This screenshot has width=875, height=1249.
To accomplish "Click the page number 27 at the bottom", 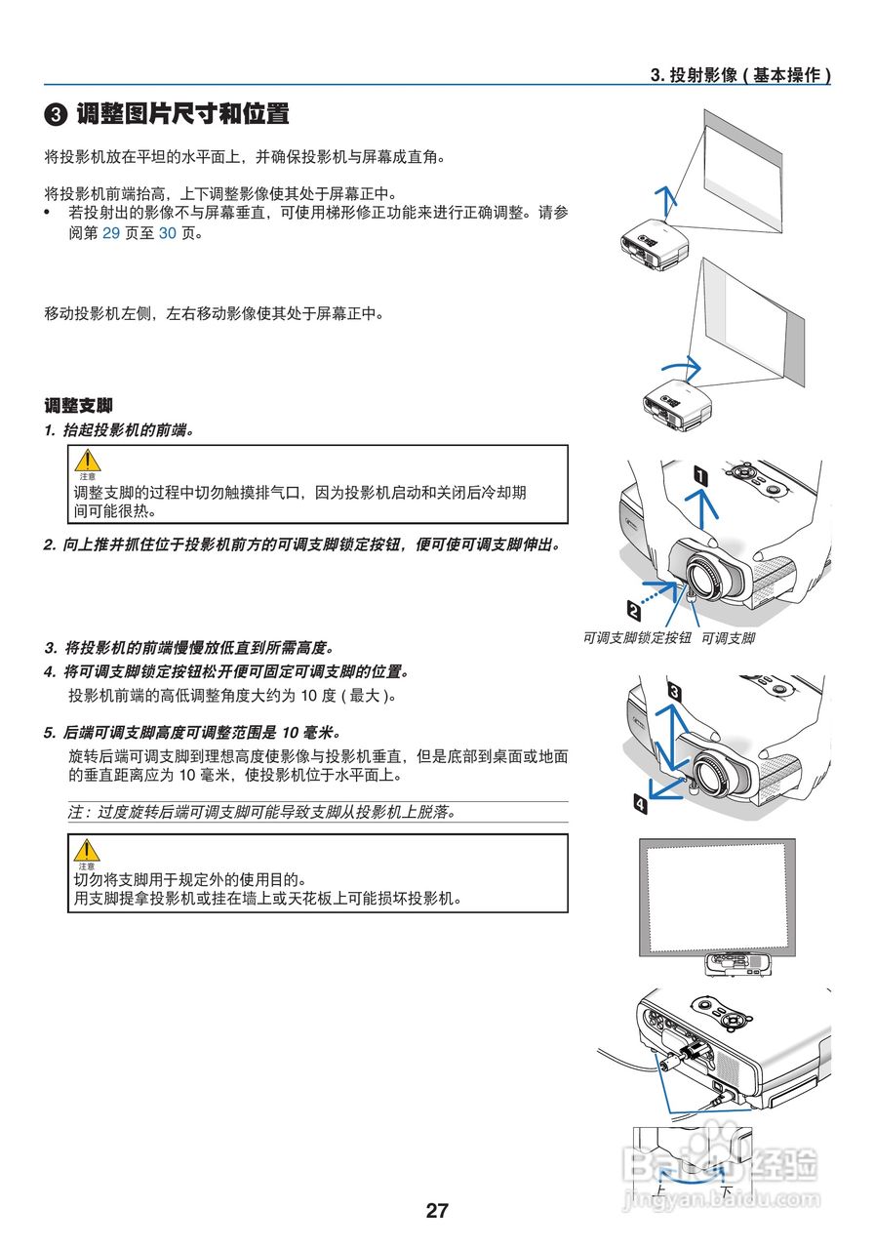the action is [x=437, y=1211].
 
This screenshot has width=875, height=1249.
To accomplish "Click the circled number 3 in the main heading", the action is [x=57, y=114].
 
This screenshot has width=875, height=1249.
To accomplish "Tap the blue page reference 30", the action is [x=168, y=234].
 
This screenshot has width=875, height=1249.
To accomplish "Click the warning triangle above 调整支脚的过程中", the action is [x=88, y=460].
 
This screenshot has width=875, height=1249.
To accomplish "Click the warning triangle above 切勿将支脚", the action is [x=88, y=849].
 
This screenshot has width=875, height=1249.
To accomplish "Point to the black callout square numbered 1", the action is [x=699, y=475].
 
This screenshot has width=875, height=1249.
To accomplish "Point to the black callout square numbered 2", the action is [x=634, y=611].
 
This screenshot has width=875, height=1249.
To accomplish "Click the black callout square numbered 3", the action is [x=674, y=691].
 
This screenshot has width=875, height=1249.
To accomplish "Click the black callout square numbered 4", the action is [x=639, y=804].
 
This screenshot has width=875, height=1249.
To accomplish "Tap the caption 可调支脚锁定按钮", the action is [x=637, y=638].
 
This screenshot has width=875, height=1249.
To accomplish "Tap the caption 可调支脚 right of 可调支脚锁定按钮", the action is [x=729, y=638].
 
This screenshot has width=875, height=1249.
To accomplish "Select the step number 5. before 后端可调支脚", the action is [x=50, y=732].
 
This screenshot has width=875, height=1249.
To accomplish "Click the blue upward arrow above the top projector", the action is [x=667, y=200].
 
